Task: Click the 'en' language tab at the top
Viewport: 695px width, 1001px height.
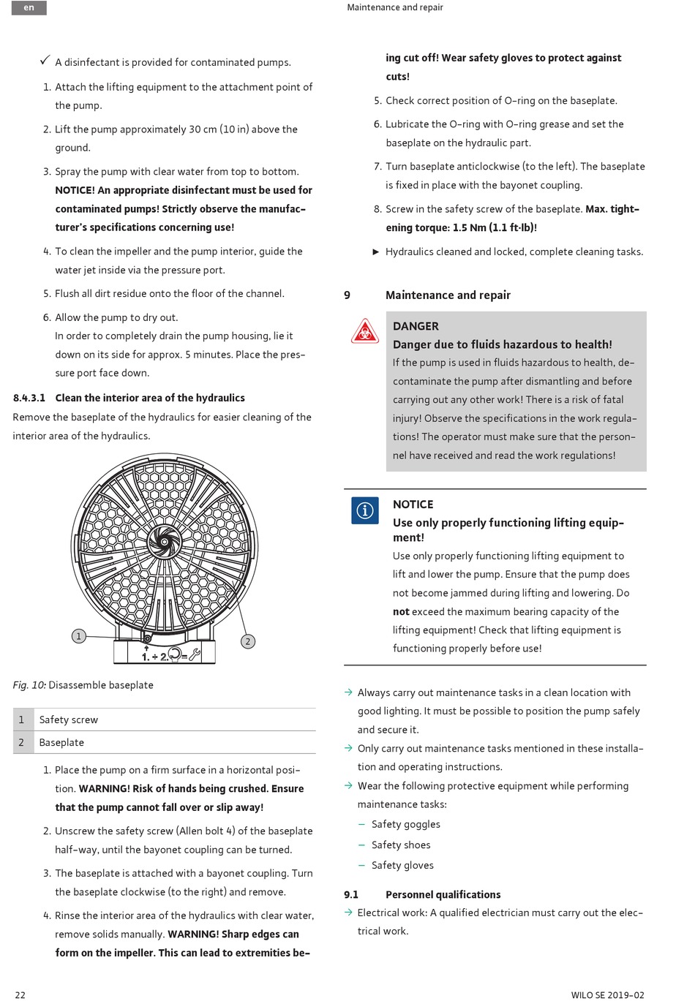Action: pyautogui.click(x=29, y=8)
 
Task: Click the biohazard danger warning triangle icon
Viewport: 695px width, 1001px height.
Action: pyautogui.click(x=364, y=332)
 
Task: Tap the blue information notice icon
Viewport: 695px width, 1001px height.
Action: pyautogui.click(x=364, y=510)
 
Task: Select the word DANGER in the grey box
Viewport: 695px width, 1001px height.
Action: pyautogui.click(x=416, y=326)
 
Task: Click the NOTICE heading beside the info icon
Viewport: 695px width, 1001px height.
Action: pyautogui.click(x=413, y=505)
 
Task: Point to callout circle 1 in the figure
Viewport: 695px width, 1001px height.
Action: pyautogui.click(x=79, y=636)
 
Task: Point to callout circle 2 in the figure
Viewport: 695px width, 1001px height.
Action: pyautogui.click(x=248, y=641)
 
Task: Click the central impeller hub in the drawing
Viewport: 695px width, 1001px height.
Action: pyautogui.click(x=164, y=542)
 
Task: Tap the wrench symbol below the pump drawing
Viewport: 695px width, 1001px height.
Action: pyautogui.click(x=195, y=654)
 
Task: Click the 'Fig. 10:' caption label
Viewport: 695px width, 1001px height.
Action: pyautogui.click(x=29, y=685)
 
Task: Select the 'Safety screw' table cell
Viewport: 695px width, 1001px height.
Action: pyautogui.click(x=69, y=720)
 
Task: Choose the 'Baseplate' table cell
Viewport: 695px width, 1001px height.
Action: pyautogui.click(x=61, y=743)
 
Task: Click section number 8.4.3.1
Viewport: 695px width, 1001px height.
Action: pyautogui.click(x=29, y=398)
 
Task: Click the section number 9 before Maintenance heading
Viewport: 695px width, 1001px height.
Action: pyautogui.click(x=347, y=295)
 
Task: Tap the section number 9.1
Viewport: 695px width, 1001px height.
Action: pyautogui.click(x=351, y=895)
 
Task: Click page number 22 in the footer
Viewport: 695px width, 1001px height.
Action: pyautogui.click(x=20, y=994)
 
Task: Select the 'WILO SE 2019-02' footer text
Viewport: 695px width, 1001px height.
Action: pyautogui.click(x=607, y=994)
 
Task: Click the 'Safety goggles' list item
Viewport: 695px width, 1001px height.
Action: pyautogui.click(x=405, y=825)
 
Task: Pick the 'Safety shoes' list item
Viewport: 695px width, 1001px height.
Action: pyautogui.click(x=401, y=845)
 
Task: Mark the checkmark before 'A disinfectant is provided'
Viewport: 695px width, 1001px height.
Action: pyautogui.click(x=45, y=61)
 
